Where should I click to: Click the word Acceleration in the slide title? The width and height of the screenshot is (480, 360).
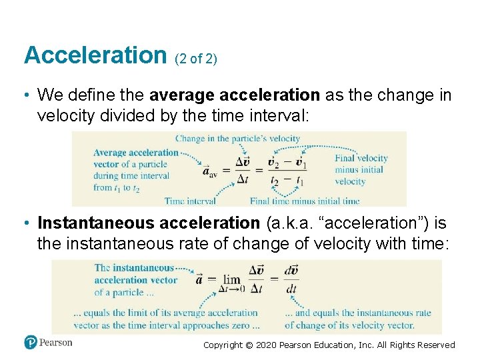point(95,55)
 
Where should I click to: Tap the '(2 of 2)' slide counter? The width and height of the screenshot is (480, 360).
point(196,59)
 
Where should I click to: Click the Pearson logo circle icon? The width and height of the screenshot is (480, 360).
point(31,343)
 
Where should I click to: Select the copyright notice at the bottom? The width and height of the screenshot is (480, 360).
point(329,345)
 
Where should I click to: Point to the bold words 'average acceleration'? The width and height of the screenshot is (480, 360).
point(235,95)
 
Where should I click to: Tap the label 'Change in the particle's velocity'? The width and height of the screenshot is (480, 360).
point(237,139)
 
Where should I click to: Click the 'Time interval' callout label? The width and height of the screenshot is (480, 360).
point(190,201)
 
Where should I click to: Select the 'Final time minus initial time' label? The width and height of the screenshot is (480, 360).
point(305,201)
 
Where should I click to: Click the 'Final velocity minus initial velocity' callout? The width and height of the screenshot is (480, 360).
point(361,170)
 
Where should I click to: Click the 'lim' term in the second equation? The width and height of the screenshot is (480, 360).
point(232,281)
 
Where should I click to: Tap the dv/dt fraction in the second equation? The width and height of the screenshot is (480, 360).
point(291,280)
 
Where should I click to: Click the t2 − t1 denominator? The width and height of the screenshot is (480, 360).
point(287,181)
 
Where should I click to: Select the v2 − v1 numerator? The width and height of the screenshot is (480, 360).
point(287,162)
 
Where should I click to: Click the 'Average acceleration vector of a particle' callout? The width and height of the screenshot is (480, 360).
point(135,158)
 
